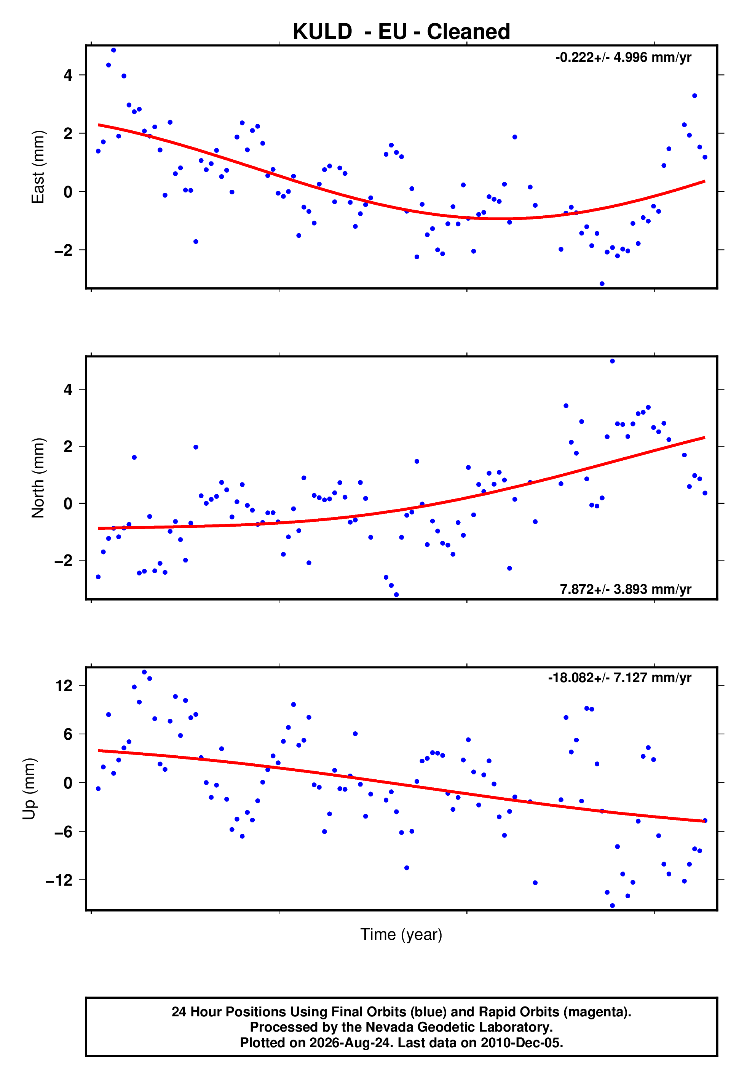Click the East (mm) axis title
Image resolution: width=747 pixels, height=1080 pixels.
click(x=38, y=167)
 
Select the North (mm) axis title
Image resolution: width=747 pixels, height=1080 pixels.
click(x=38, y=478)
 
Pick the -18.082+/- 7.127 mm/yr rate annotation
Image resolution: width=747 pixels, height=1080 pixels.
click(x=620, y=678)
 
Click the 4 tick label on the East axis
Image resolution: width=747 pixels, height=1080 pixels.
click(x=68, y=75)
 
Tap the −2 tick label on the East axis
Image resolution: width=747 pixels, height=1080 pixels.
click(x=64, y=250)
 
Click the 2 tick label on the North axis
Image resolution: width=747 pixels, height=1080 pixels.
click(x=68, y=447)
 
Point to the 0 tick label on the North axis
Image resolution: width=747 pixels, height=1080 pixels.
click(x=68, y=503)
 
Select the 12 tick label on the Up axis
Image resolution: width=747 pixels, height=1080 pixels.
click(x=64, y=686)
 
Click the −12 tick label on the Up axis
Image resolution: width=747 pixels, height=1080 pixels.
click(x=59, y=880)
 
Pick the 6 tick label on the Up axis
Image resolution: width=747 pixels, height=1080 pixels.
click(x=68, y=734)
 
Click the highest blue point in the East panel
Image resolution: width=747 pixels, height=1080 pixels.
click(x=113, y=50)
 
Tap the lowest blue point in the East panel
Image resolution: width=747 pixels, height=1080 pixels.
click(x=602, y=284)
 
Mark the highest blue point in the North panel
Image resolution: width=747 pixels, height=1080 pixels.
click(x=612, y=361)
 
